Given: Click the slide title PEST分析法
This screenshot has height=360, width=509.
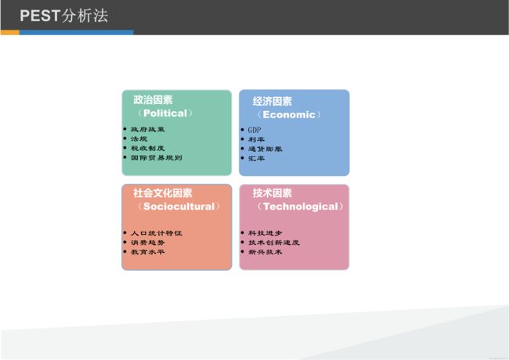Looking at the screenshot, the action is pos(64,16).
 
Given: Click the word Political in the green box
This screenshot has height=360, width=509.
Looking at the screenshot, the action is pos(165,113).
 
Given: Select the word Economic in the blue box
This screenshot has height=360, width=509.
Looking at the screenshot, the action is pos(289,114).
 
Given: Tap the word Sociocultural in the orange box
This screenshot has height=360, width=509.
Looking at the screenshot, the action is pos(179,207).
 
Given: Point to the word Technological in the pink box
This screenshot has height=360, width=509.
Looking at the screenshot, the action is pos(301,207).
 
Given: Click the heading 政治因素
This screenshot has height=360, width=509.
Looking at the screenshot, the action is pos(153,100).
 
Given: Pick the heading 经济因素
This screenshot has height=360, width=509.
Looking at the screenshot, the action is pos(273,101).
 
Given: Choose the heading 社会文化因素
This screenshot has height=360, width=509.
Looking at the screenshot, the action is pos(163,193).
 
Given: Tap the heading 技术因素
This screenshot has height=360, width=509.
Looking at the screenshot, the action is pos(273,193).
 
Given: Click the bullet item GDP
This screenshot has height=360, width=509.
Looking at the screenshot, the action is pos(254,130).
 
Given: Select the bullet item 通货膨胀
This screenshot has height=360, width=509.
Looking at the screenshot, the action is pos(265,149).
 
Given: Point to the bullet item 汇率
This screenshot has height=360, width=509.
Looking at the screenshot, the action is pos(256,158).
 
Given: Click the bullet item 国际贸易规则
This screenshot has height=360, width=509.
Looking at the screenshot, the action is pos(157,157).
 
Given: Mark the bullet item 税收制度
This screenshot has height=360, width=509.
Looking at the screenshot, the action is pos(148,148).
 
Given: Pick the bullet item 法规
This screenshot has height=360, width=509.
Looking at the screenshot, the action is pos(139,139).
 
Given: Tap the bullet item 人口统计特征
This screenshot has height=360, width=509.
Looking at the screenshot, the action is pos(157,233).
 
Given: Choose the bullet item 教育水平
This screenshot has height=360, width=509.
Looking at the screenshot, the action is pos(148,252).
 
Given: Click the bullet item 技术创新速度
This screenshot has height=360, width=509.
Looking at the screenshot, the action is pos(274,243).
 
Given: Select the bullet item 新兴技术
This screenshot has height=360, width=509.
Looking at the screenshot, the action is pos(265,252).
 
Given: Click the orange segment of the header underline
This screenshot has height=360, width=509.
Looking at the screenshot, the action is pos(9,32).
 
